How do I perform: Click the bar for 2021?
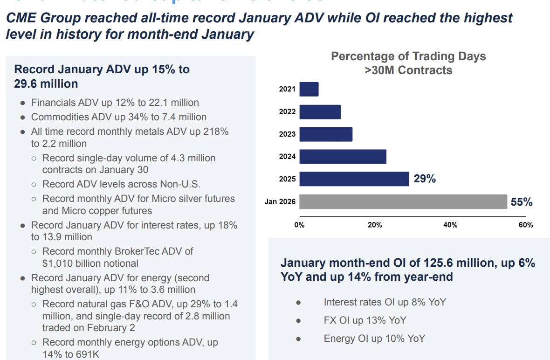coord(309,89)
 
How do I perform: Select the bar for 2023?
coord(326,134)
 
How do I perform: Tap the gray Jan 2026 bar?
coord(403,202)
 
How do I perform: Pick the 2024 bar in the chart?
coord(343,157)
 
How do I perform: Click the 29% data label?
coord(425,179)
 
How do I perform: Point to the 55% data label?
coord(522,202)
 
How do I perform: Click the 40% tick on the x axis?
coord(450,225)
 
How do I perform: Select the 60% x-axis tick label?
coord(526,225)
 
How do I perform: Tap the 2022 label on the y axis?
coord(287,112)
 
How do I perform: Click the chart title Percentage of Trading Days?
coord(408,57)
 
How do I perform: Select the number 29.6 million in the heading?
coord(46,84)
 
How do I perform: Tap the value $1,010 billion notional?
coord(90,263)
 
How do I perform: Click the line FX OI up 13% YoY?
coord(364,320)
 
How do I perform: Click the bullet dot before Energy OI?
coord(298,339)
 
